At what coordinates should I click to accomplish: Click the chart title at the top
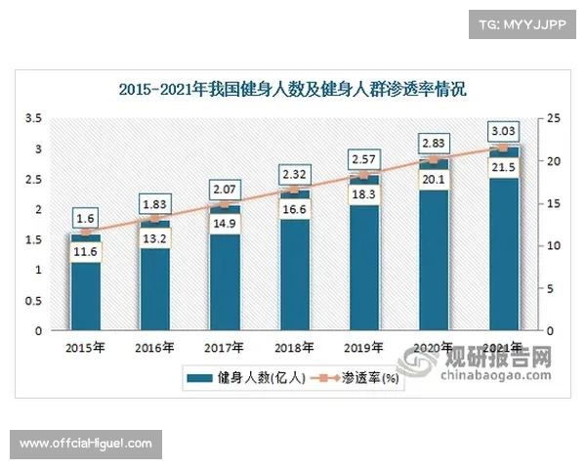coord(293,90)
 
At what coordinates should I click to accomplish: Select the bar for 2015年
coord(85,293)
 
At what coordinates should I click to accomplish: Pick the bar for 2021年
coord(503,264)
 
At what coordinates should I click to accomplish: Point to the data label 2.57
coord(363,157)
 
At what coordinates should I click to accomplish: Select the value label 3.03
coord(503,129)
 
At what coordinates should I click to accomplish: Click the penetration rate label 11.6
coord(85,252)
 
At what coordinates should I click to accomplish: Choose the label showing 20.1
coord(433,178)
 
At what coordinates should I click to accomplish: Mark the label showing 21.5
coord(503,167)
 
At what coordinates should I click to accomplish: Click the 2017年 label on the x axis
coord(225,347)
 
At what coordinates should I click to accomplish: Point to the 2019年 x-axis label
coord(363,347)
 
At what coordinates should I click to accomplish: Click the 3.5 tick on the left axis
coord(33,118)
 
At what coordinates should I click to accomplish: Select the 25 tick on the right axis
coord(555,118)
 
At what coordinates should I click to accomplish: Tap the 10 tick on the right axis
coord(555,245)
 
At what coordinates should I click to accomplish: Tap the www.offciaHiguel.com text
coord(86,444)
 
